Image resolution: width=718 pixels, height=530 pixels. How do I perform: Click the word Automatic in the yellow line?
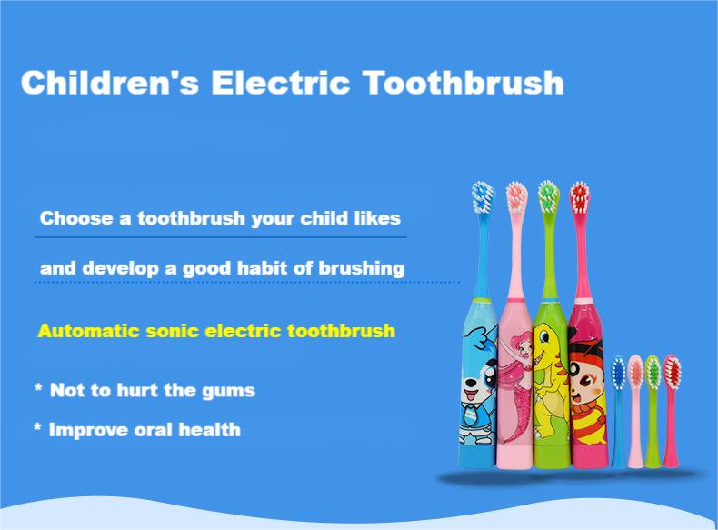pyautogui.click(x=87, y=330)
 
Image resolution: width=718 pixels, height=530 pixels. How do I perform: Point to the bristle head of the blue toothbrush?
pyautogui.click(x=482, y=195)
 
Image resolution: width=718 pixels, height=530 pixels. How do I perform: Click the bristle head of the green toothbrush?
pyautogui.click(x=547, y=195)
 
